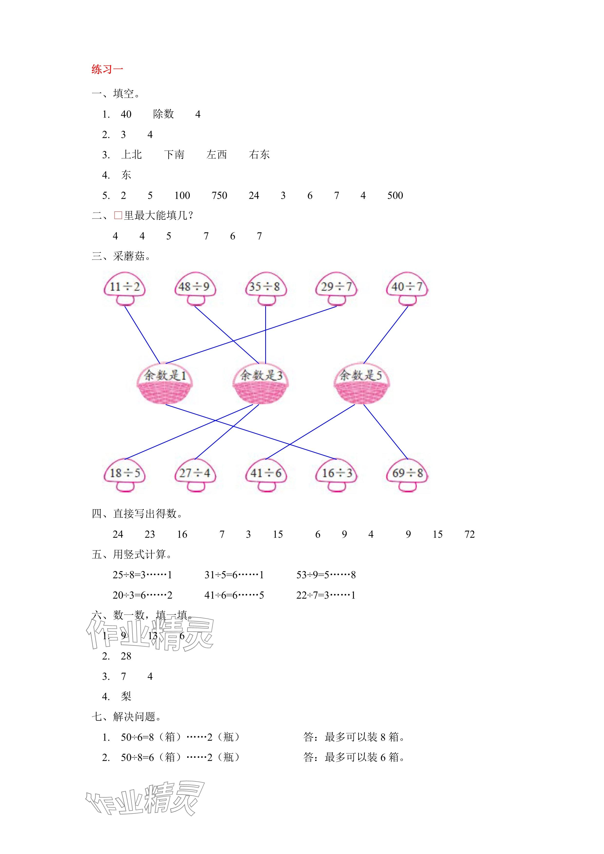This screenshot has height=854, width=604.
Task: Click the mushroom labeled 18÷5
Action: tap(125, 474)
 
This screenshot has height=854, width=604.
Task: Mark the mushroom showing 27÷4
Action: tap(195, 474)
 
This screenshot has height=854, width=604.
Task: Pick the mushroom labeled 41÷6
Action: tap(265, 474)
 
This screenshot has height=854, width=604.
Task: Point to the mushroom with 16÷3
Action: tap(336, 474)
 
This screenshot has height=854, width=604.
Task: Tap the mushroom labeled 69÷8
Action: tap(407, 474)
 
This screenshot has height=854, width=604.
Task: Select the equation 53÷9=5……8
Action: tap(326, 575)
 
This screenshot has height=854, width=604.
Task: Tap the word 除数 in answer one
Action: tap(163, 114)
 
